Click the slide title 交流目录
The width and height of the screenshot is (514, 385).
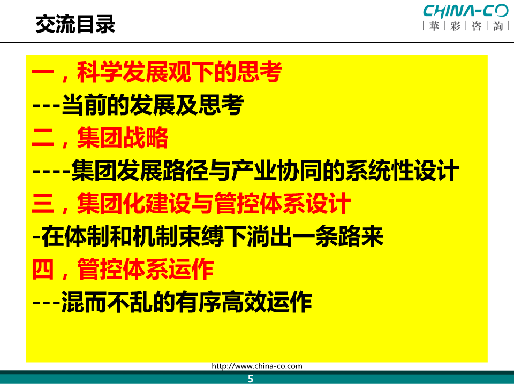coord(75,24)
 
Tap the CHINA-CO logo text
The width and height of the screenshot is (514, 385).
coord(465,11)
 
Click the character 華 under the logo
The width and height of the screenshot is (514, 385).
coord(434,26)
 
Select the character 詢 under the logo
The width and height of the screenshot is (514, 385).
coord(498,26)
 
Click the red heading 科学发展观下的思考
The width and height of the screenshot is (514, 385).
coord(180,72)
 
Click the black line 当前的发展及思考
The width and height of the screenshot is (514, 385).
coord(153,105)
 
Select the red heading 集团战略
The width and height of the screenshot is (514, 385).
coord(123,138)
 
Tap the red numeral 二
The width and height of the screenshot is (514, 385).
coord(43,138)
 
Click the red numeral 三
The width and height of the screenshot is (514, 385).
coord(43,203)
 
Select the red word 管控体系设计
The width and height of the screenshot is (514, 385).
coord(283,203)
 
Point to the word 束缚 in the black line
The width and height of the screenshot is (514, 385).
coord(201,236)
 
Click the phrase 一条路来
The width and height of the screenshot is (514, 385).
coord(338,236)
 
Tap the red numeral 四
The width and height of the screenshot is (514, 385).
coord(43,269)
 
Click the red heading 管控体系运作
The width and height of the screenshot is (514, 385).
coord(146,269)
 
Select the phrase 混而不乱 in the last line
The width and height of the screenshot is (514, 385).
coord(107,302)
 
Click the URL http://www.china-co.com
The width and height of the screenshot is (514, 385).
coord(257,366)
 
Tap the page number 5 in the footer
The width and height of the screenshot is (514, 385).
coord(251,379)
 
